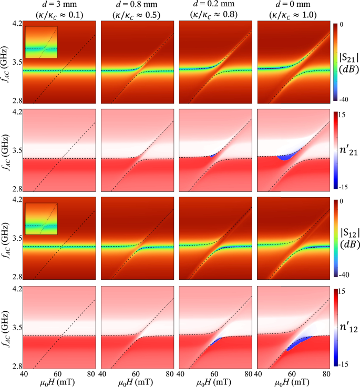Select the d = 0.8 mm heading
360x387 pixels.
pos(137,5)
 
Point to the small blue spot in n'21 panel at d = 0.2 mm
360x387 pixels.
pos(213,156)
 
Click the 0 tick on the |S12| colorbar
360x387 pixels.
pos(340,201)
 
